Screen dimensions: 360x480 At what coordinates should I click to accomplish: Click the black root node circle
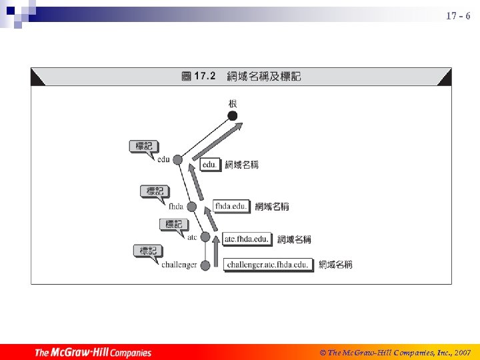[232, 116]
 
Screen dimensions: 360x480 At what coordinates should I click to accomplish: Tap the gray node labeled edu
[177, 159]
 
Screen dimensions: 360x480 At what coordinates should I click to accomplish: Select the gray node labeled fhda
[192, 207]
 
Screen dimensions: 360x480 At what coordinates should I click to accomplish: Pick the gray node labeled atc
[205, 237]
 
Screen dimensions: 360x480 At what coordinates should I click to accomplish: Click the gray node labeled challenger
[205, 265]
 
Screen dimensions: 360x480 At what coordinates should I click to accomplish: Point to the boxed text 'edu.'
[209, 164]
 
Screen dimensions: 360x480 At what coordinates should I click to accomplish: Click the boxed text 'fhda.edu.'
[231, 206]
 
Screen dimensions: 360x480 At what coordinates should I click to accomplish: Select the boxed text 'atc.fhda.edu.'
[247, 239]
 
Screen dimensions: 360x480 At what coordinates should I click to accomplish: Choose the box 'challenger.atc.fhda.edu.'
[267, 265]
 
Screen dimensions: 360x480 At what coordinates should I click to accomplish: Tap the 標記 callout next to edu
[143, 146]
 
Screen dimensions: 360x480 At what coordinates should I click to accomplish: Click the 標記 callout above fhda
[155, 191]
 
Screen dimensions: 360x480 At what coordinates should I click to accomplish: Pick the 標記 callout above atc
[173, 224]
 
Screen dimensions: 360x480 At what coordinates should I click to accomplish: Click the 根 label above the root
[233, 103]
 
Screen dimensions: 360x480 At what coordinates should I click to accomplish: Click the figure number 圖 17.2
[198, 77]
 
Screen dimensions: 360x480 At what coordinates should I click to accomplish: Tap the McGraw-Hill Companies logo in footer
[93, 352]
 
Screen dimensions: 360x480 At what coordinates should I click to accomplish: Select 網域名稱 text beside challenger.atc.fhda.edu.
[335, 265]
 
